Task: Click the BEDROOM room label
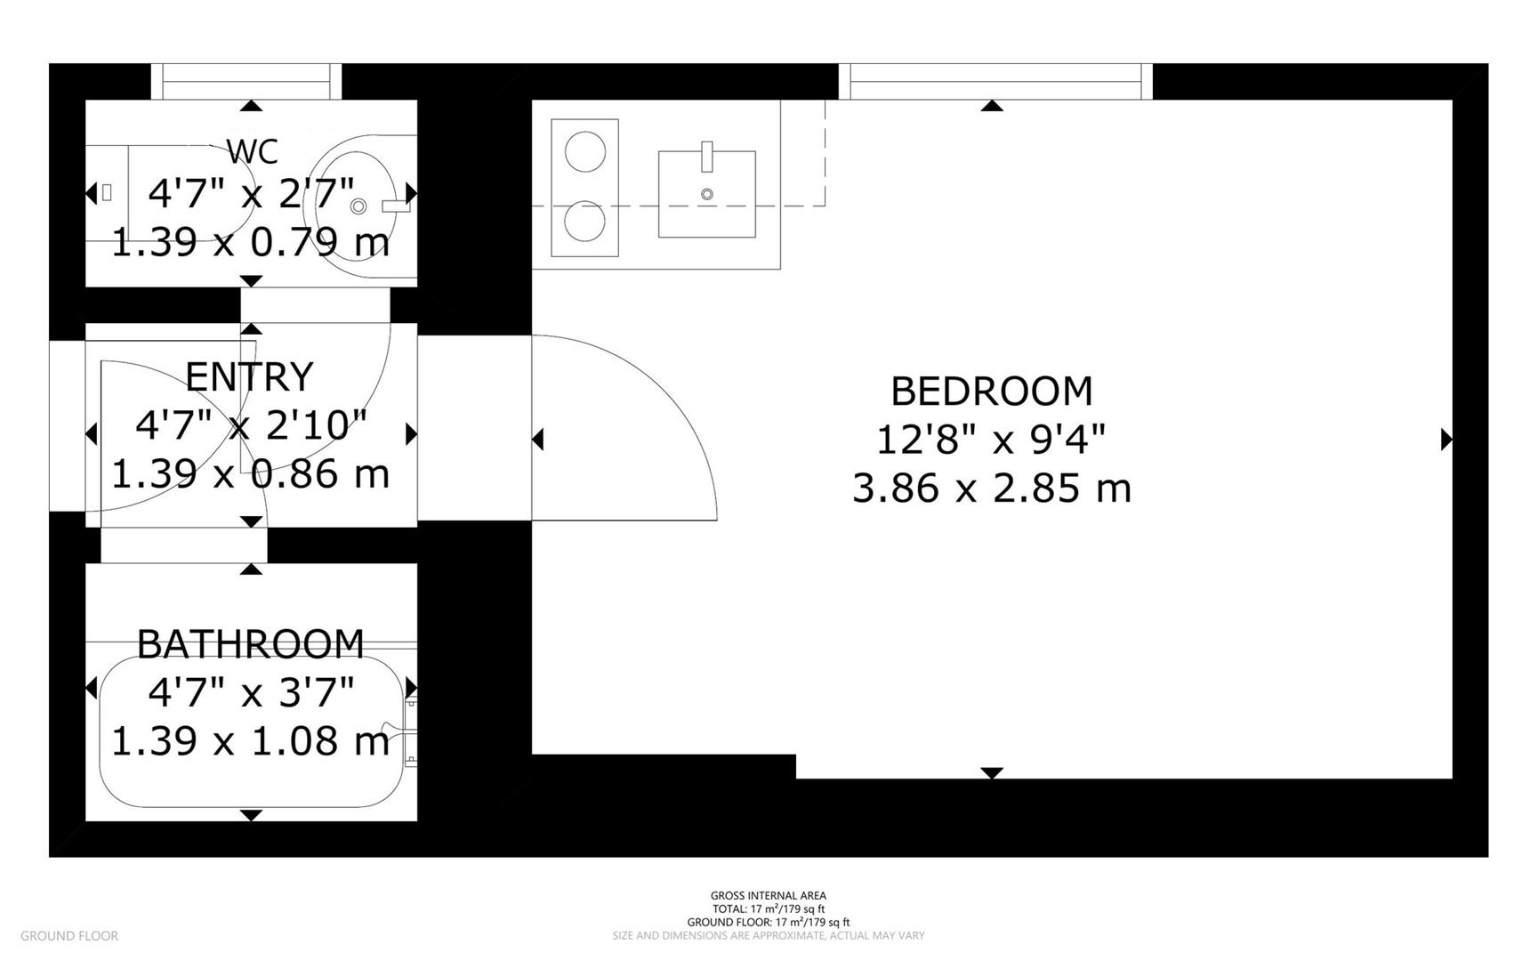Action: click(x=991, y=391)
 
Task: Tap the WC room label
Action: click(x=253, y=151)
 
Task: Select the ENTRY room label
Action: click(x=249, y=376)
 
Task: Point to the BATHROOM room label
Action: click(x=251, y=643)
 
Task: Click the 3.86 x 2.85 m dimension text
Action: click(x=991, y=489)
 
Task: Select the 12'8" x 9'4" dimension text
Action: click(x=991, y=440)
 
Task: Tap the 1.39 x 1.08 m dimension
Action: click(x=251, y=741)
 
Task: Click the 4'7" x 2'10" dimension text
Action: click(x=251, y=425)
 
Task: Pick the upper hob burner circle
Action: click(x=585, y=151)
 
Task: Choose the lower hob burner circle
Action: click(x=585, y=222)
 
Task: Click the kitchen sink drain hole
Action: click(x=707, y=194)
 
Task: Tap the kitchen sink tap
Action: click(x=707, y=156)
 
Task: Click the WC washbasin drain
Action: click(x=358, y=206)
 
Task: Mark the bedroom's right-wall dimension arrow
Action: click(x=1445, y=439)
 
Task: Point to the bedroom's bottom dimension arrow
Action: click(x=992, y=772)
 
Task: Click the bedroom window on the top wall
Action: click(x=995, y=81)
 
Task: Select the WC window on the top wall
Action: click(x=246, y=81)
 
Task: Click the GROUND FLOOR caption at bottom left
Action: click(x=69, y=935)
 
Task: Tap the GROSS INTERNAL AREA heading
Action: click(x=769, y=896)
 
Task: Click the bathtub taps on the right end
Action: click(x=408, y=732)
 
